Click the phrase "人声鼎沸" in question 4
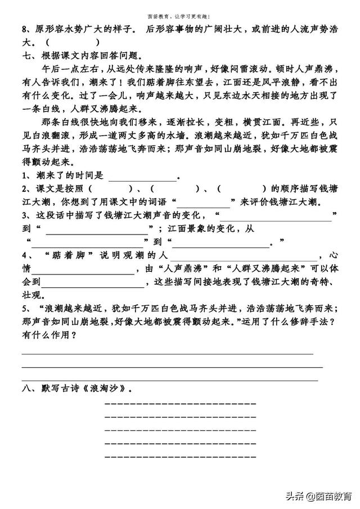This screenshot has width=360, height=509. [x=183, y=269]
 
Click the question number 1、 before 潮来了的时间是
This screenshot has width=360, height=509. [x=26, y=177]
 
